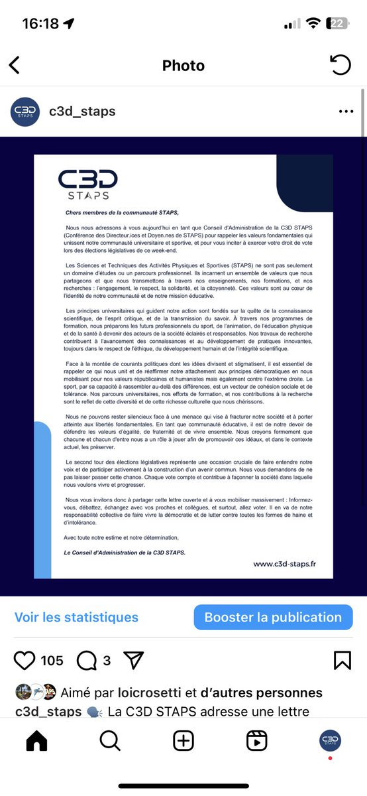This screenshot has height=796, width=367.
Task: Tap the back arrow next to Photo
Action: pyautogui.click(x=15, y=65)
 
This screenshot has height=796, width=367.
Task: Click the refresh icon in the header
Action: pyautogui.click(x=340, y=65)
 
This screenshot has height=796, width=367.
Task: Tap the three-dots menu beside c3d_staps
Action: pyautogui.click(x=346, y=111)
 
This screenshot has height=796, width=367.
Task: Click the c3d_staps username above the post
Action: pyautogui.click(x=82, y=111)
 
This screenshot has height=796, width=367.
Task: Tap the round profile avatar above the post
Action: pyautogui.click(x=25, y=111)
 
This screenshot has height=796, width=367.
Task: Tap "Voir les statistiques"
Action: pyautogui.click(x=76, y=617)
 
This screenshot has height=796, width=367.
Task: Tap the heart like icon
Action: pyautogui.click(x=25, y=660)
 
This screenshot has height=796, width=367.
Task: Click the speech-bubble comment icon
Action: pyautogui.click(x=87, y=660)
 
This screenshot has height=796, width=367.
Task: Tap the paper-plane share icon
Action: pyautogui.click(x=134, y=660)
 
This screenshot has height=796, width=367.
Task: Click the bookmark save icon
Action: pyautogui.click(x=342, y=660)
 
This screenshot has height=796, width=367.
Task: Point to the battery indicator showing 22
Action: pyautogui.click(x=338, y=24)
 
